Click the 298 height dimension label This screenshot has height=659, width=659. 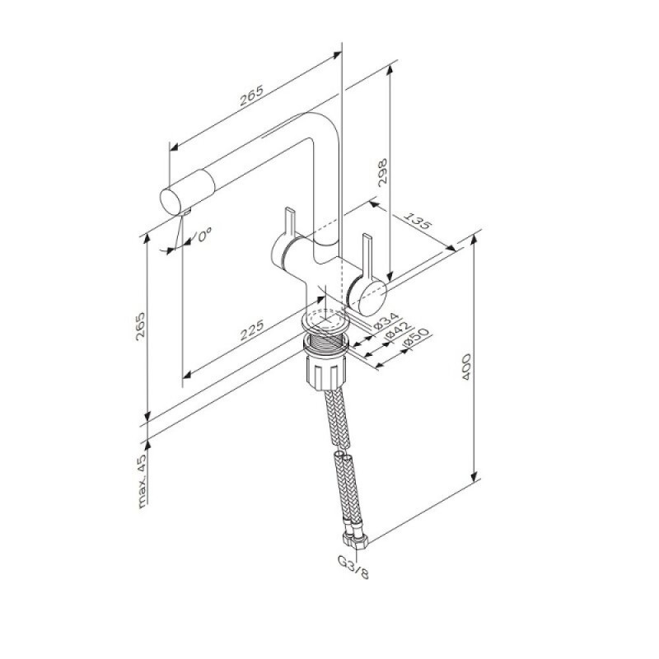coord(382,172)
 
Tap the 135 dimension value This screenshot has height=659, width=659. coord(418,221)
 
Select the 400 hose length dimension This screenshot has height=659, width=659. coord(466,367)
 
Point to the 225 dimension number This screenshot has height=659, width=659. coord(252,330)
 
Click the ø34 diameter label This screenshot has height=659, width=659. coord(386,320)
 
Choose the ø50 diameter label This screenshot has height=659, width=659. coord(416,339)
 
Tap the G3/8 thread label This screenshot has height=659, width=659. coord(353,567)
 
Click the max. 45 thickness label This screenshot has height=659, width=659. coord(143,481)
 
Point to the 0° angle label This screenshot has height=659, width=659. coord(204,235)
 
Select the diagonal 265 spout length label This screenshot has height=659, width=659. coord(251,96)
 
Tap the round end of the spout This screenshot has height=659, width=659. coord(171,201)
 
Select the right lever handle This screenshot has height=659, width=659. coord(367,256)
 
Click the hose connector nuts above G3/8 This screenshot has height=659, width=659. coord(355,539)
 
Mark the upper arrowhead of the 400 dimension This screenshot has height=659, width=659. coord(474,241)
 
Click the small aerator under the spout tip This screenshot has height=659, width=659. coord(185,212)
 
